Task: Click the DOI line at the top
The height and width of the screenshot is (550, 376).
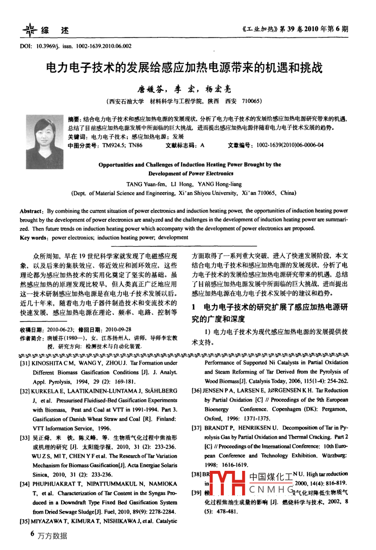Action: pos(75,46)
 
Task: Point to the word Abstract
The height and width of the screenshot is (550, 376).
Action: pos(31,211)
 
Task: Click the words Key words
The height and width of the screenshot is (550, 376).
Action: pos(33,237)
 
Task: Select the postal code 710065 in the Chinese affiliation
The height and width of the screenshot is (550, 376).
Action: pos(251,101)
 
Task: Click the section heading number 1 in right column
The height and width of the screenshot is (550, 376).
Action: pos(193,307)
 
